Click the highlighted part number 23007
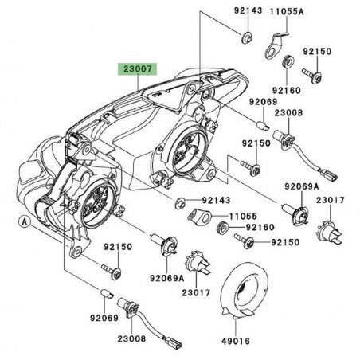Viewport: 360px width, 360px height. point(139,70)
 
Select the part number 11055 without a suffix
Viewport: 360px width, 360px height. point(235,215)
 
